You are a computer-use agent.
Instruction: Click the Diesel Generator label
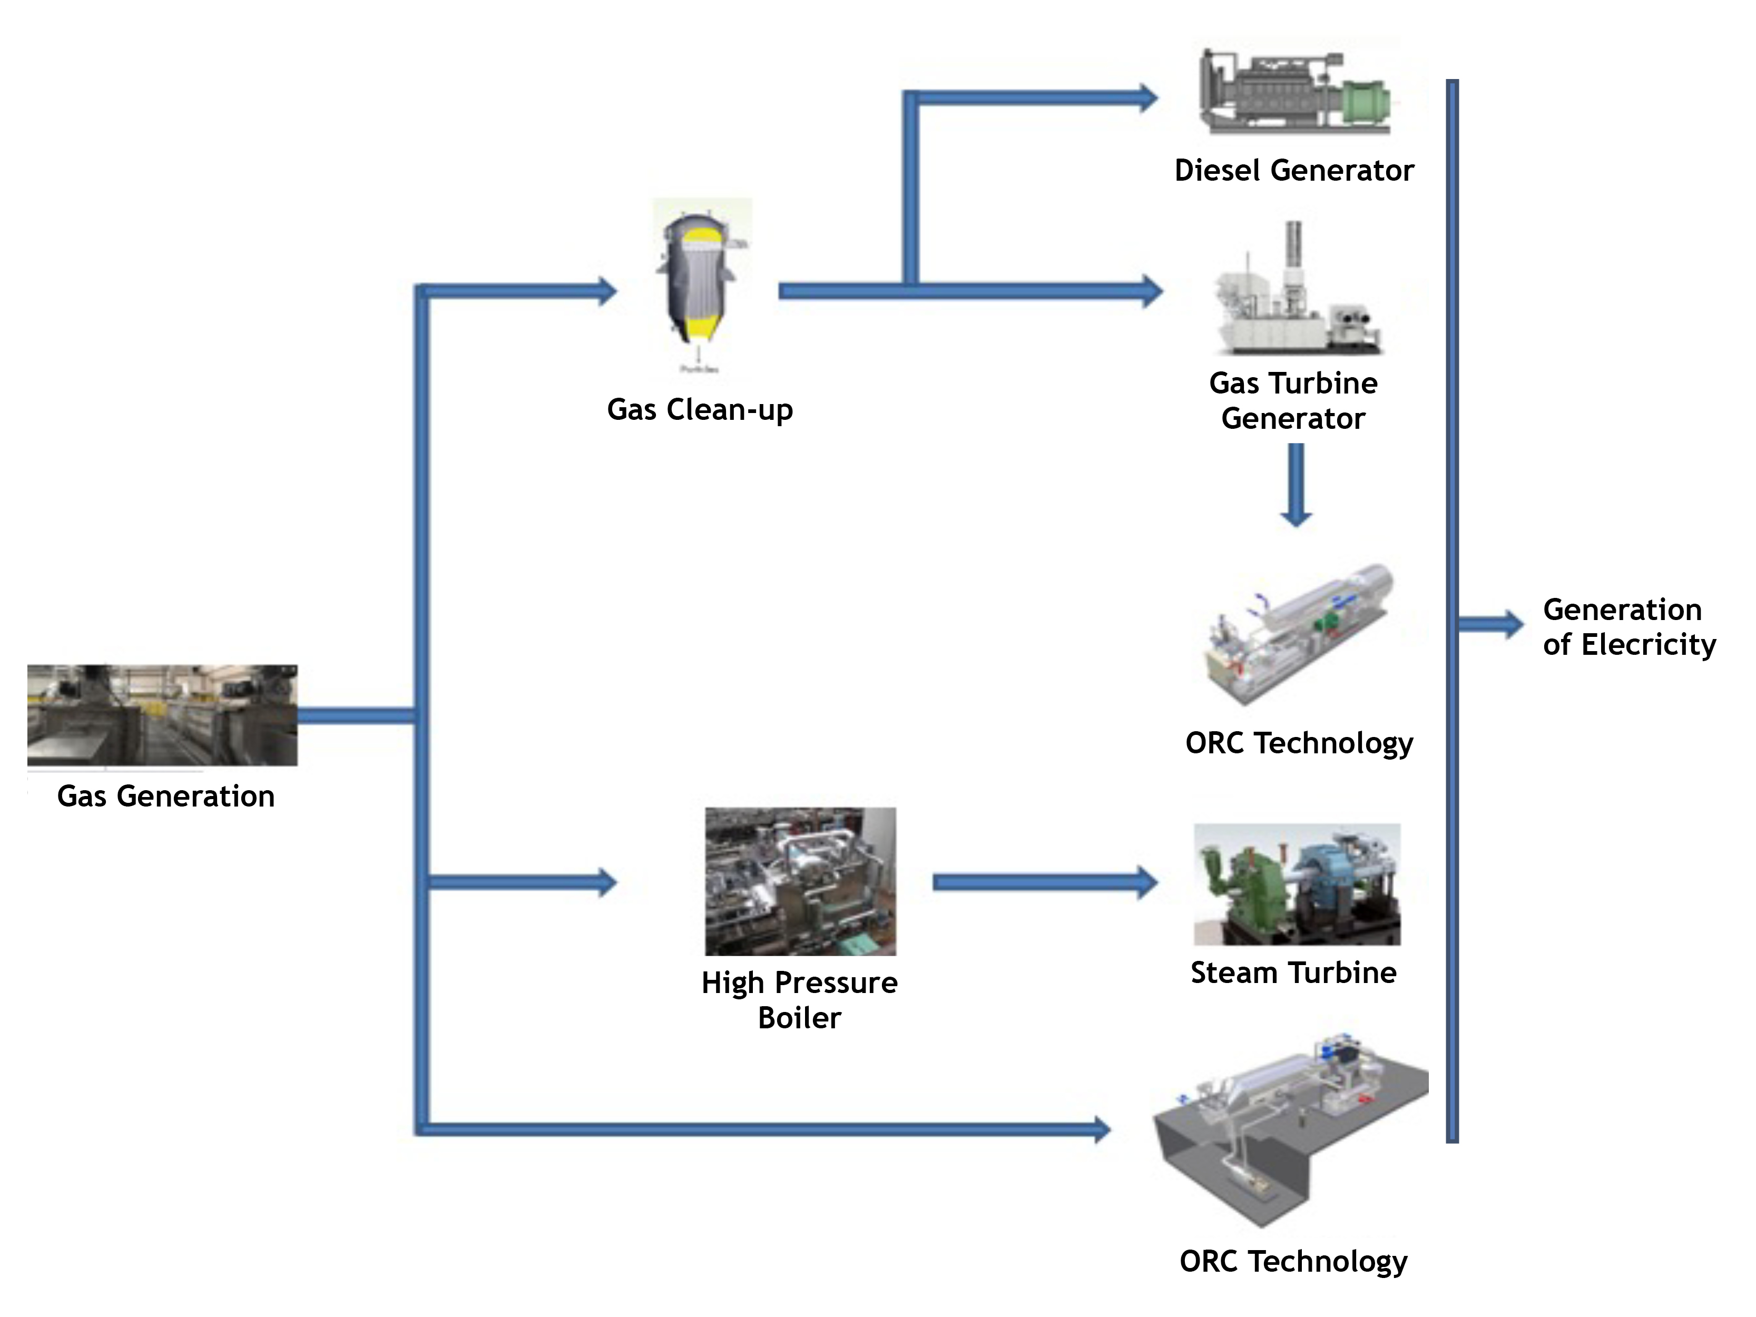(x=1293, y=171)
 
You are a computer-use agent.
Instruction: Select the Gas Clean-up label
(x=699, y=410)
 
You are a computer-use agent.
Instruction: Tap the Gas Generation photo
(x=162, y=714)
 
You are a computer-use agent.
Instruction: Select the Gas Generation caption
(x=166, y=796)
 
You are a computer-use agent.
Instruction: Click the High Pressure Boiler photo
(x=800, y=881)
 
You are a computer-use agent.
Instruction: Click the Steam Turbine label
(x=1293, y=972)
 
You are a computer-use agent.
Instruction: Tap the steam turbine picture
(x=1297, y=883)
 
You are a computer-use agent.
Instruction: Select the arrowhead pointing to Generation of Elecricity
(x=1512, y=624)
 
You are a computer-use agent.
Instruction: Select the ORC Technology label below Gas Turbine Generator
(x=1299, y=743)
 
